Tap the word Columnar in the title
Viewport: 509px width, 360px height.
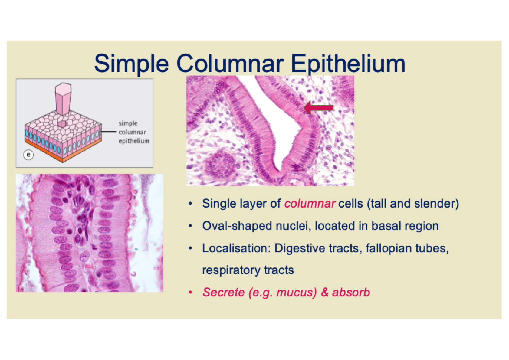230,63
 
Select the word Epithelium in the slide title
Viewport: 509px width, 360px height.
348,64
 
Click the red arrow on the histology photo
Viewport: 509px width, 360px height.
319,108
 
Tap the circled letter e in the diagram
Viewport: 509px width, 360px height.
28,155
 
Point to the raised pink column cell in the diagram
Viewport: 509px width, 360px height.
63,99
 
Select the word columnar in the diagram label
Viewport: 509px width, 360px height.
132,132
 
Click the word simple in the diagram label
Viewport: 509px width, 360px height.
128,123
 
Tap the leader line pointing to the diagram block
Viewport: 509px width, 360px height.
109,132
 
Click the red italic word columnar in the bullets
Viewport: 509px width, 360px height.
310,204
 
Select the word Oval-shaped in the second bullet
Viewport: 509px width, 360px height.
237,226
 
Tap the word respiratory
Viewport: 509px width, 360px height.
231,270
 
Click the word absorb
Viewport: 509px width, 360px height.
351,292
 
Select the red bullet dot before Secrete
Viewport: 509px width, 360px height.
191,292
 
